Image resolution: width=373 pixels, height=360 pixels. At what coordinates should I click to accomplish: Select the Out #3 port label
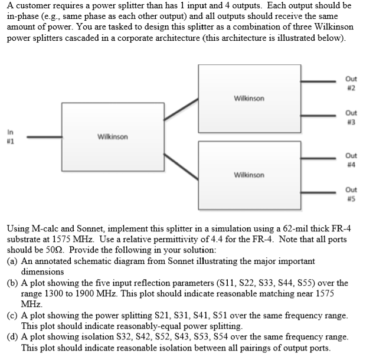click(x=351, y=116)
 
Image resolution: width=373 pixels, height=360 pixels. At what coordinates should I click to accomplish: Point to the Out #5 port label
click(x=351, y=193)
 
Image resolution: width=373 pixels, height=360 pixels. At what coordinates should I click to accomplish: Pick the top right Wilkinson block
click(x=250, y=97)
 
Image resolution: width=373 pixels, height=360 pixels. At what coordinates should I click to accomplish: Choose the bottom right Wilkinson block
click(x=250, y=175)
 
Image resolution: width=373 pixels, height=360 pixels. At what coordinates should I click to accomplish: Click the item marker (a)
click(x=12, y=260)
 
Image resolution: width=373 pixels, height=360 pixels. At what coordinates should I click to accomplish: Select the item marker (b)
click(x=12, y=283)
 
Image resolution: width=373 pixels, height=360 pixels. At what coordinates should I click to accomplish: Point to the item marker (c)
click(x=12, y=316)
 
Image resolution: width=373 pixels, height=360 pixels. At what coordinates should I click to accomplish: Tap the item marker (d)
click(x=12, y=338)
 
